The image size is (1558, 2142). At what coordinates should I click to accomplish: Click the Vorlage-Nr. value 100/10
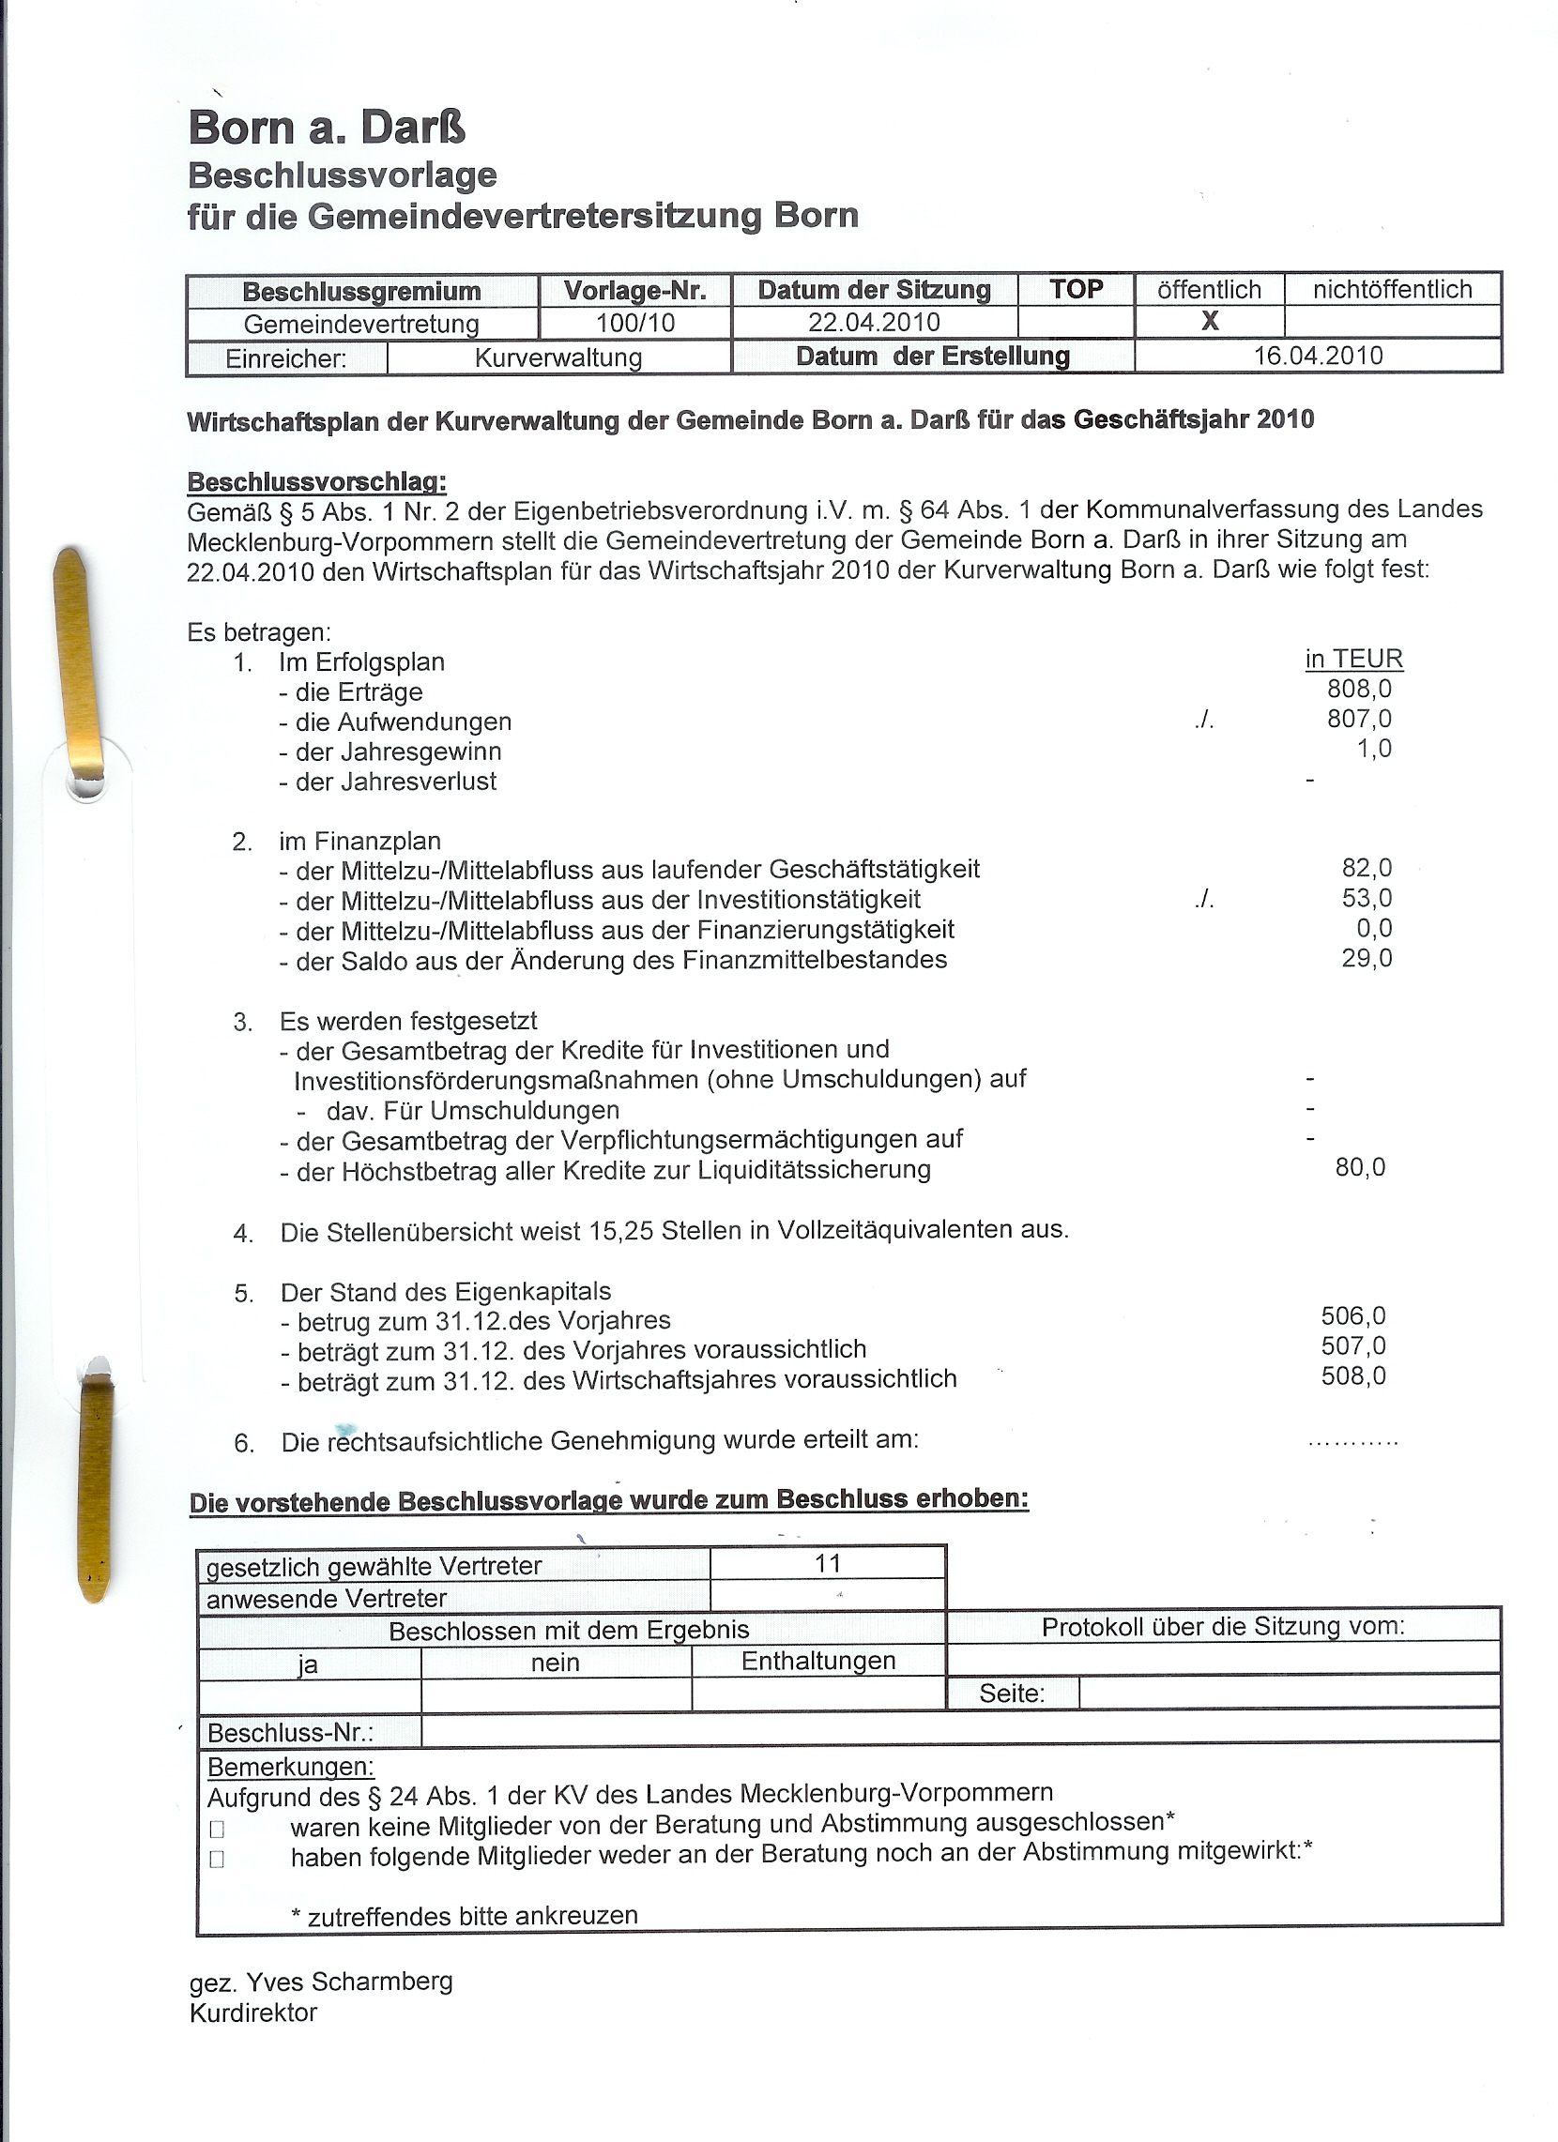click(x=634, y=323)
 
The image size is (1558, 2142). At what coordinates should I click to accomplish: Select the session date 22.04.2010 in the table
click(x=874, y=322)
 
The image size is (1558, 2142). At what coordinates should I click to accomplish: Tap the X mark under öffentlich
click(x=1210, y=321)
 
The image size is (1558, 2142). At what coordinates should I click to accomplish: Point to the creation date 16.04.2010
click(x=1318, y=355)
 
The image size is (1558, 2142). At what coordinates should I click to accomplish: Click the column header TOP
click(x=1077, y=289)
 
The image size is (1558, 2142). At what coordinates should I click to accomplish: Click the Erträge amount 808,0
click(x=1359, y=689)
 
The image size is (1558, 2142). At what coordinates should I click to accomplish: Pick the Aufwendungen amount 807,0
click(x=1359, y=719)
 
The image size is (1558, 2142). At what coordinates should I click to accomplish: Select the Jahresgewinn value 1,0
click(x=1374, y=749)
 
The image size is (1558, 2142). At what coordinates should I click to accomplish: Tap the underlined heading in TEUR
click(x=1354, y=659)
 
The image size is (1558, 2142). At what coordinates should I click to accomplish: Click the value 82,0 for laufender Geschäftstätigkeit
click(x=1367, y=868)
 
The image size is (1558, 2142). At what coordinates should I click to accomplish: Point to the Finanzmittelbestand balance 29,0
click(x=1367, y=958)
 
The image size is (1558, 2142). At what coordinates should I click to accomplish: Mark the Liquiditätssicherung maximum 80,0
click(x=1360, y=1167)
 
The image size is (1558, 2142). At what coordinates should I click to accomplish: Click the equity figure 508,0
click(x=1353, y=1375)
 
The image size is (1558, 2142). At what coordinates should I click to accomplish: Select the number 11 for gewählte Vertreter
click(x=828, y=1563)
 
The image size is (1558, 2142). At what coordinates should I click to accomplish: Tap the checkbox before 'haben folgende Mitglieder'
click(x=218, y=1860)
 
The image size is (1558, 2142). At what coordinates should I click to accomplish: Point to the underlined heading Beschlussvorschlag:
click(x=316, y=481)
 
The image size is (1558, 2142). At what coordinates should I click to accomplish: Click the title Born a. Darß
click(x=327, y=128)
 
